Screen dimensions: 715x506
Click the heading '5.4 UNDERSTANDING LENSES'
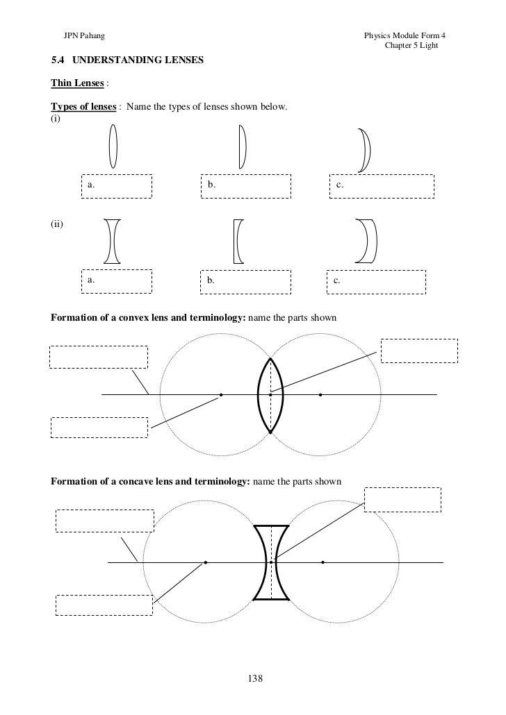[127, 61]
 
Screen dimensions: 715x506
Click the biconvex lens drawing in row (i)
[113, 146]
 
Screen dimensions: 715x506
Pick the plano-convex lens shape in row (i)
[242, 146]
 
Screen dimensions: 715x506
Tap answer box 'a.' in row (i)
[116, 186]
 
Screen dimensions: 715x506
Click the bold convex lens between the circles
[270, 395]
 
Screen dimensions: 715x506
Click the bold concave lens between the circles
[271, 562]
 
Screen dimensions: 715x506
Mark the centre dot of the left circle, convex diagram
[221, 395]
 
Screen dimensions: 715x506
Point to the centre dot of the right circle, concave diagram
[323, 562]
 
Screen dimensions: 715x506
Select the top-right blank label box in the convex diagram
[419, 351]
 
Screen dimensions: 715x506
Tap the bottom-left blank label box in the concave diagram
[104, 605]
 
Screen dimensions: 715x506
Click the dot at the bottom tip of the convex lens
[270, 432]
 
